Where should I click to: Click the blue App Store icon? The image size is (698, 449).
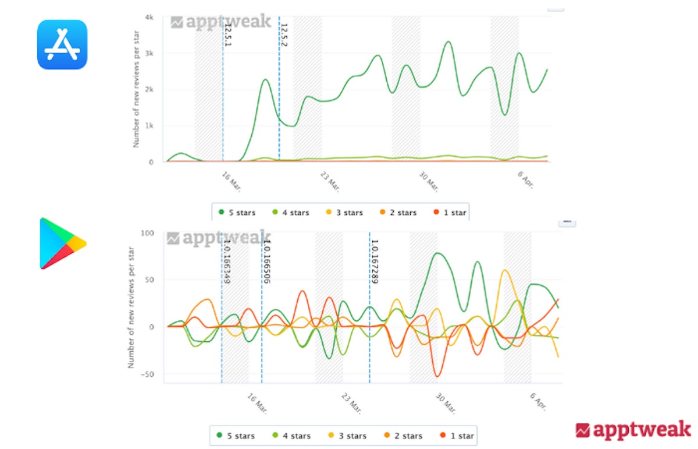[x=62, y=44]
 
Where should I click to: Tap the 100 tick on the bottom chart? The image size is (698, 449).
[x=146, y=233]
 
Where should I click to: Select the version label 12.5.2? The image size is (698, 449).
[x=284, y=35]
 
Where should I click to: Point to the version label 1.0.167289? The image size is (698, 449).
[x=375, y=261]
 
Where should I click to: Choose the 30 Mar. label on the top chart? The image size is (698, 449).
[x=429, y=181]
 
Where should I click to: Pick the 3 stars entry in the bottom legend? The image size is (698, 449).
[x=347, y=436]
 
